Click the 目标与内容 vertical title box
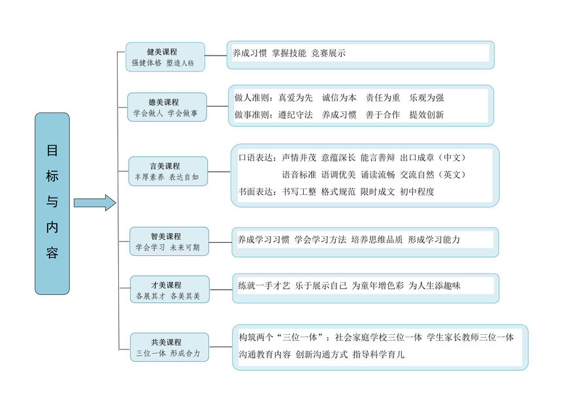point(52,203)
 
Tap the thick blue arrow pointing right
point(95,203)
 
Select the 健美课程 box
point(165,57)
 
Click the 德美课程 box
point(167,107)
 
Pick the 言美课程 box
point(168,171)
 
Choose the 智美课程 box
point(169,241)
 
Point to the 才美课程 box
point(170,290)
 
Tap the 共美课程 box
point(169,347)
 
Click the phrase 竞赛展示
point(328,53)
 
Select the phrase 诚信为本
point(339,97)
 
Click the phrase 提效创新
point(427,114)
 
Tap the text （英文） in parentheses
point(452,175)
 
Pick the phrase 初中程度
point(417,192)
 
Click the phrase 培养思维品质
point(376,239)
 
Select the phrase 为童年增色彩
point(378,285)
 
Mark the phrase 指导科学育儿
point(378,354)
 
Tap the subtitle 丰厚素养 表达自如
point(167,177)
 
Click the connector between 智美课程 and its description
point(220,243)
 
